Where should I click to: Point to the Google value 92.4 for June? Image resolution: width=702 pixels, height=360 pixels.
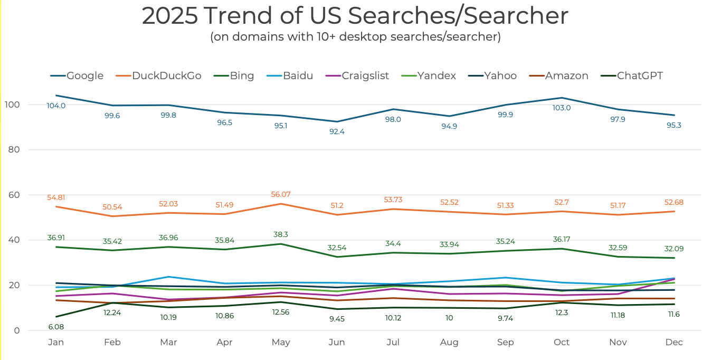337,131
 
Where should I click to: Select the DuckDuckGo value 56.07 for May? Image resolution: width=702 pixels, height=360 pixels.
280,194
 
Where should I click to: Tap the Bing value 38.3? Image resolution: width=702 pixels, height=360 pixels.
280,234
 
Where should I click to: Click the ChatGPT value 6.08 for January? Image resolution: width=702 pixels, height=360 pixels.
55,327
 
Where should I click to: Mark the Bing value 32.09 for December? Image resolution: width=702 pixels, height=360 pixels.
673,248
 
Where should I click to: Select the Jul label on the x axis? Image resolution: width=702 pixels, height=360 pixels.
393,343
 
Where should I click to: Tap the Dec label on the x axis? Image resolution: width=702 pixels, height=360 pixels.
673,343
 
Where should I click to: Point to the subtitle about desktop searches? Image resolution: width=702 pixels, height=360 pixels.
355,37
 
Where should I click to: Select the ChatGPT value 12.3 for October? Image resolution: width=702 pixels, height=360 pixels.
561,312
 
